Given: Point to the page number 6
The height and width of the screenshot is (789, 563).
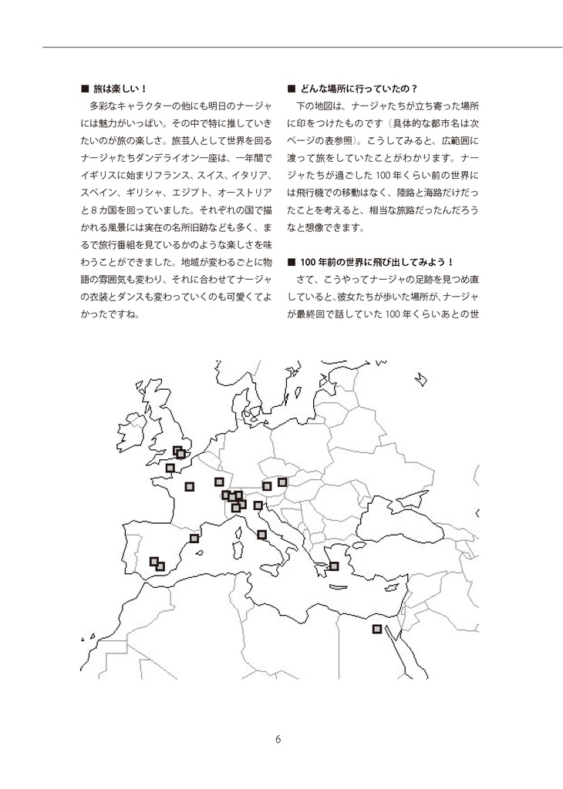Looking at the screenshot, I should point(278,739).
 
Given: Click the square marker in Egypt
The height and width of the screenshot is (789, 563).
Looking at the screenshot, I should point(377,629).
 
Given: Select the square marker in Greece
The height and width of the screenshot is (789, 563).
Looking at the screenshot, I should point(335,566).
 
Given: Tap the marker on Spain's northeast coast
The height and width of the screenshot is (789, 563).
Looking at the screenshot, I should point(194,538).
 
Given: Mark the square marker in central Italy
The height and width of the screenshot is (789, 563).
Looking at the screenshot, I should point(261,534).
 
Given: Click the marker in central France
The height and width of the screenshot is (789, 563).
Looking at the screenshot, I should point(190,486).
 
